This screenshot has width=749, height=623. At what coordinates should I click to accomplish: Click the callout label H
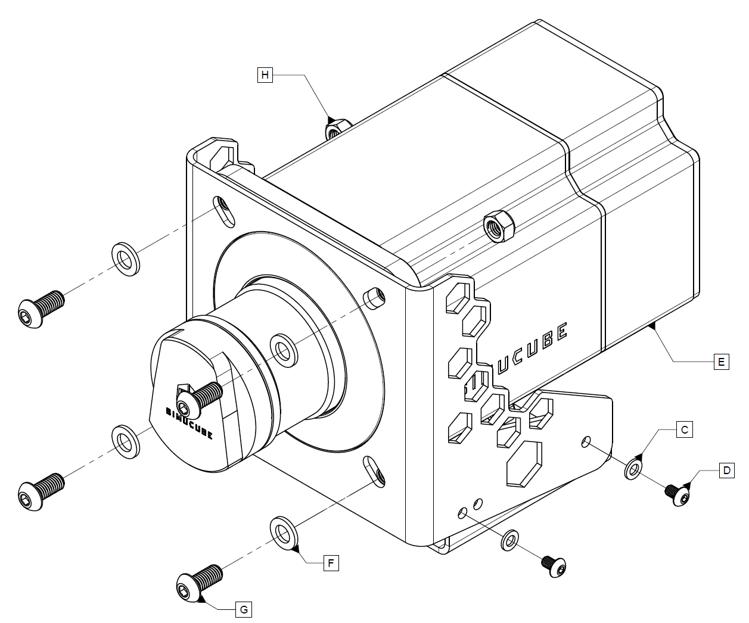[x=265, y=75]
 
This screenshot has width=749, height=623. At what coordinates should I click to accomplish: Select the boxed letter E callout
[x=721, y=361]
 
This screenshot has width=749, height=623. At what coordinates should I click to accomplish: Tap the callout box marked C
[x=685, y=429]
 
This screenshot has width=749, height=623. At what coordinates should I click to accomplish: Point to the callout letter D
[x=726, y=471]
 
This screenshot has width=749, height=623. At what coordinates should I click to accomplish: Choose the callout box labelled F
[x=331, y=562]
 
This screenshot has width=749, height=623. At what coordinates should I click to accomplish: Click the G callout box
[x=243, y=609]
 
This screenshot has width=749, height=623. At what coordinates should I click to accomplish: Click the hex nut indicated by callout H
[x=332, y=127]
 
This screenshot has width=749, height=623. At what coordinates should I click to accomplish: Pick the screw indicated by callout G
[x=199, y=581]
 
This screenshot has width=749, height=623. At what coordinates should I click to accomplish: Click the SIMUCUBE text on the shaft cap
[x=189, y=422]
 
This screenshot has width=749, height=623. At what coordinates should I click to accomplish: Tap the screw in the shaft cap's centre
[x=199, y=398]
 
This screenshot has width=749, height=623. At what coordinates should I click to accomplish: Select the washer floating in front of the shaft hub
[x=284, y=348]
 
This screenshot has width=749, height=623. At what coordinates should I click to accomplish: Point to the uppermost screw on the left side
[x=40, y=303]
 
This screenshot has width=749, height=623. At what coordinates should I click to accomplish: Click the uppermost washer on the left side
[x=126, y=258]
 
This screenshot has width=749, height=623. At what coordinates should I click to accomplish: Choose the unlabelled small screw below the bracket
[x=554, y=566]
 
